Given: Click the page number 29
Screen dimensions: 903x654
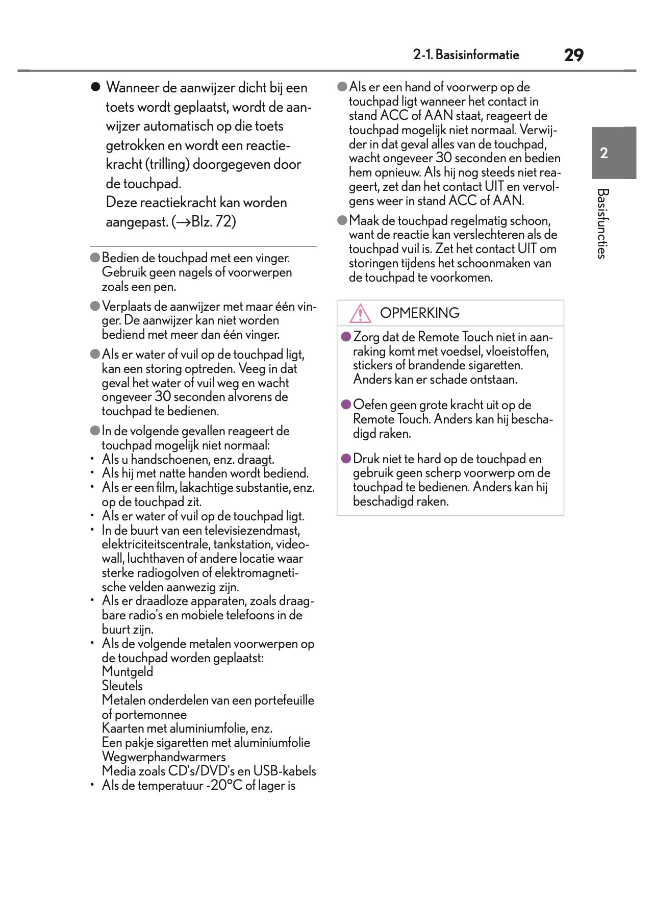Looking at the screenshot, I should (573, 55).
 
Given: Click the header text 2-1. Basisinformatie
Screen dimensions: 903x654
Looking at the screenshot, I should (466, 55).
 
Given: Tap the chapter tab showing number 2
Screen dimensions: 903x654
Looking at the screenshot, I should (604, 153).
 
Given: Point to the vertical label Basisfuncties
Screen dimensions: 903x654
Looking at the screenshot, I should (602, 223).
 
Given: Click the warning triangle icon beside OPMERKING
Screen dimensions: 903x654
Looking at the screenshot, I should (360, 313).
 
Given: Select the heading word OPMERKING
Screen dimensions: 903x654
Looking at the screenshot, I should (419, 313).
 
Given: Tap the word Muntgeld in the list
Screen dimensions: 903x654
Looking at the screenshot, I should (127, 671).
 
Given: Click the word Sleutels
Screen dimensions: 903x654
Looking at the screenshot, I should (122, 686).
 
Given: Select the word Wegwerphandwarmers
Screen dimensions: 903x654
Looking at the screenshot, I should (163, 757).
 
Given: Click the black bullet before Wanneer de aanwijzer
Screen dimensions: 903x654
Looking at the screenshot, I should (95, 87).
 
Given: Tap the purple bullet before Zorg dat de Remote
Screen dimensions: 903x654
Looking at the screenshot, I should (346, 337).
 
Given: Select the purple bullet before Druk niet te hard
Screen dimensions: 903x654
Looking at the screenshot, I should (346, 459).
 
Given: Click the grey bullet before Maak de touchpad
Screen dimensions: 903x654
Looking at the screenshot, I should (342, 220).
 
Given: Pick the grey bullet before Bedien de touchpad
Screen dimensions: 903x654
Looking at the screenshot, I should (95, 258).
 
